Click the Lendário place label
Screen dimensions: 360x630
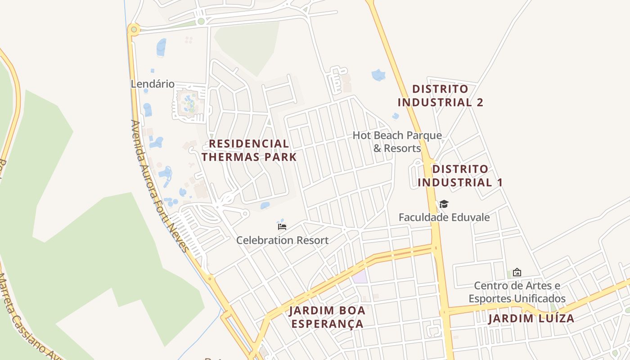click(152, 84)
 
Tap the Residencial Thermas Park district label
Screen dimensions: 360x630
click(249, 150)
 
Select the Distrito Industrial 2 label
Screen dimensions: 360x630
click(440, 96)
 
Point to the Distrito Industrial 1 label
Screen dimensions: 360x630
click(460, 176)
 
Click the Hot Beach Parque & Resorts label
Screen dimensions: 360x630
click(397, 142)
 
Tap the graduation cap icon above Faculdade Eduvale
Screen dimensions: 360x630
click(444, 204)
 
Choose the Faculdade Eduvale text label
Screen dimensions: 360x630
click(444, 217)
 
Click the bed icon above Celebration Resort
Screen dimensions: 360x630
click(282, 226)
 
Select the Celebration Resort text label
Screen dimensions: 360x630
click(283, 240)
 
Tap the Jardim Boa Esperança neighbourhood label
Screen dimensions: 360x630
click(327, 317)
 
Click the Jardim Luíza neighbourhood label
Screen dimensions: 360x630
click(531, 319)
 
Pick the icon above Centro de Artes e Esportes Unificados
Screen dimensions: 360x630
click(517, 272)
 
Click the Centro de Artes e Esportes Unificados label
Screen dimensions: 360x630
click(517, 292)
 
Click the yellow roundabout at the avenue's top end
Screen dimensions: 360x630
click(133, 30)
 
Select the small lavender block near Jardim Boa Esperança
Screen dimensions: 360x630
click(360, 277)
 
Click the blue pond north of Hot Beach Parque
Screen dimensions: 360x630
click(378, 75)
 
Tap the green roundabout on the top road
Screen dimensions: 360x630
click(201, 21)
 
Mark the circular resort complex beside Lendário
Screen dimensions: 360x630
click(189, 104)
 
